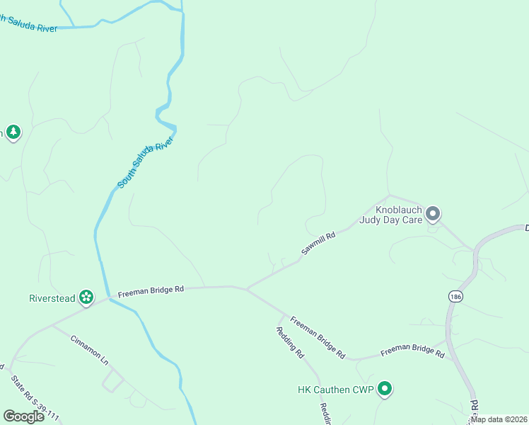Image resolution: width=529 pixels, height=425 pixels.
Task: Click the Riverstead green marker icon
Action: click(x=86, y=297)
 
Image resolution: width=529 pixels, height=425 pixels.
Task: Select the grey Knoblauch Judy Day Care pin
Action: click(x=434, y=212)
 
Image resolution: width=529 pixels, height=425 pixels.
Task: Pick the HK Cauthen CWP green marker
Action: click(x=385, y=388)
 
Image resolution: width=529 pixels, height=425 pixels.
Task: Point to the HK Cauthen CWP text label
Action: click(x=335, y=389)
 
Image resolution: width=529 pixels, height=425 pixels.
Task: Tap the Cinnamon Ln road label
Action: click(x=89, y=350)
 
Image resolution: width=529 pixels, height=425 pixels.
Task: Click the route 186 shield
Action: click(x=455, y=296)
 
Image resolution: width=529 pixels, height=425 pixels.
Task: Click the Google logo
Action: click(x=23, y=416)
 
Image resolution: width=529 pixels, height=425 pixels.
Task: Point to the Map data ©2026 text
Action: click(x=499, y=419)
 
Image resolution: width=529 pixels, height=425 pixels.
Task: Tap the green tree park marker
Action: click(x=13, y=132)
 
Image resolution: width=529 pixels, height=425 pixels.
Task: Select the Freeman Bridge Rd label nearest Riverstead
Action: click(x=151, y=290)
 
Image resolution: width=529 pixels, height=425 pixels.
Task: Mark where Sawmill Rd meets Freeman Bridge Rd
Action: click(x=245, y=288)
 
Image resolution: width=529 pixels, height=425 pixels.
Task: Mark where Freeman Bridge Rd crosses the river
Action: click(x=109, y=298)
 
